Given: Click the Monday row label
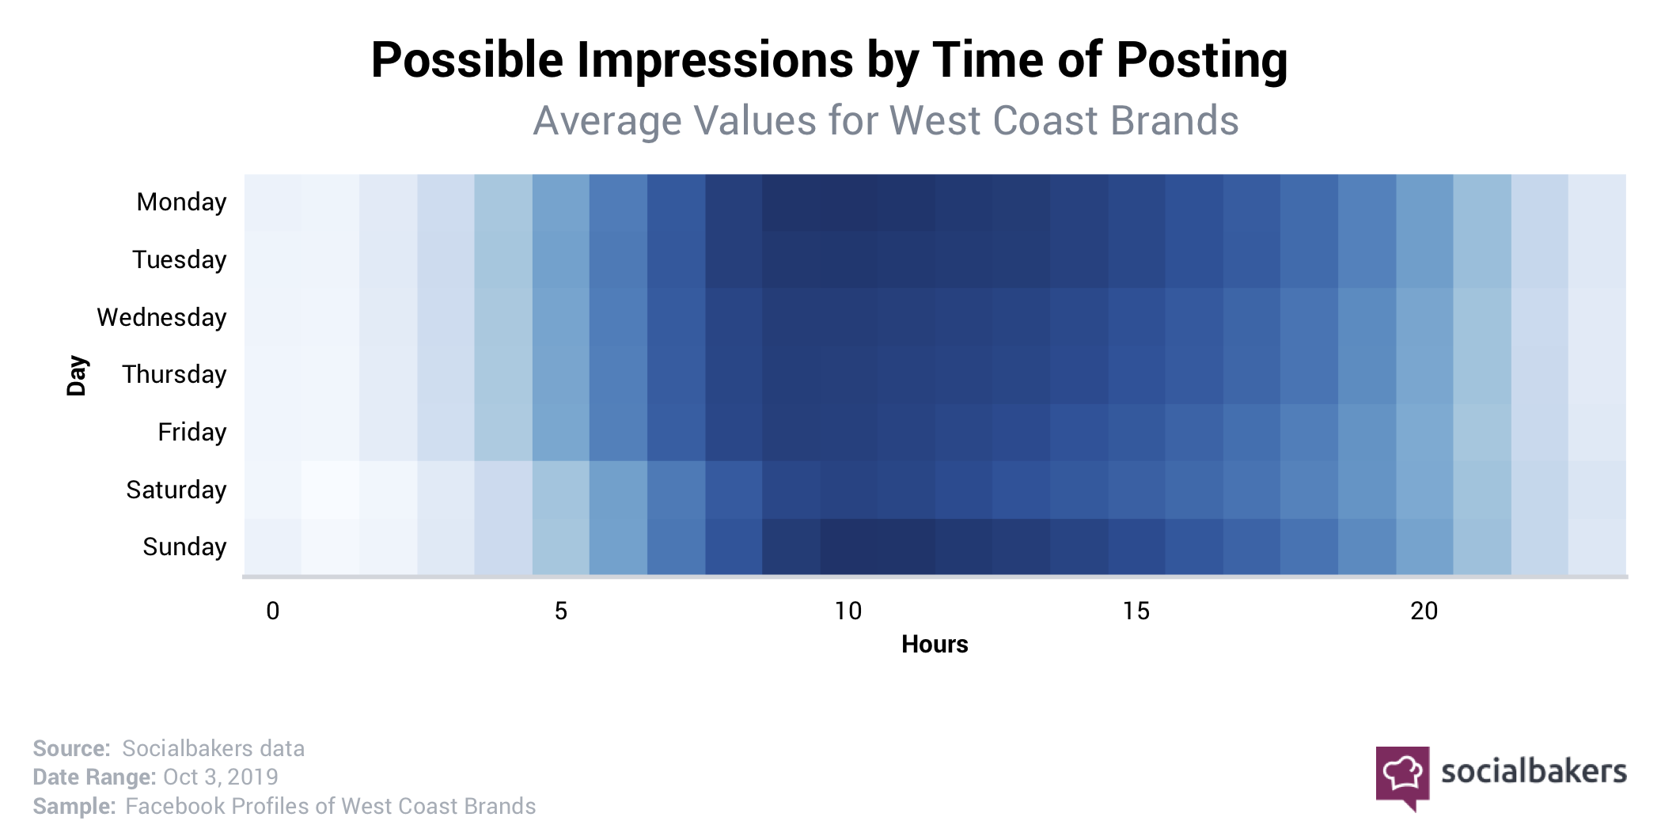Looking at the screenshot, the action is click(181, 202).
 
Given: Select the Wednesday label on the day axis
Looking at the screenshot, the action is click(161, 317).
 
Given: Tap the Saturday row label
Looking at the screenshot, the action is click(176, 490).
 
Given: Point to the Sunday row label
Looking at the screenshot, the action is click(184, 547).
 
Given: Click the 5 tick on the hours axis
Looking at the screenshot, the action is click(561, 611).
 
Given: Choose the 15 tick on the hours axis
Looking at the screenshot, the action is click(1136, 611).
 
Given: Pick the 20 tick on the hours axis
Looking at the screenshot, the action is click(1424, 611).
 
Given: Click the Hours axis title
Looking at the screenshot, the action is click(935, 645).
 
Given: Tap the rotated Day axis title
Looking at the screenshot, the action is click(77, 375).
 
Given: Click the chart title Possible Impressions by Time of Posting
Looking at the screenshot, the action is click(829, 60).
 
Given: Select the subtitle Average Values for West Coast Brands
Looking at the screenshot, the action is click(885, 121).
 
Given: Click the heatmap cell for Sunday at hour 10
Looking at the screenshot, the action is click(849, 547).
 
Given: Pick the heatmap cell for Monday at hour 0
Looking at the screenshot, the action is click(273, 202).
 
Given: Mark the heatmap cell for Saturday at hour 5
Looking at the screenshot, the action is click(561, 490).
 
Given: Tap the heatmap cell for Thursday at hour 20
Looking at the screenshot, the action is click(1424, 375).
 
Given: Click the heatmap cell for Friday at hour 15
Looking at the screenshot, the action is click(1136, 433).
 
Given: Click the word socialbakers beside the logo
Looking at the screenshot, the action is click(1534, 771).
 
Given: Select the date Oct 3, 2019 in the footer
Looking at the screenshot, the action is click(220, 777).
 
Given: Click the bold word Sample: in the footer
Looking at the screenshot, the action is click(74, 807).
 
